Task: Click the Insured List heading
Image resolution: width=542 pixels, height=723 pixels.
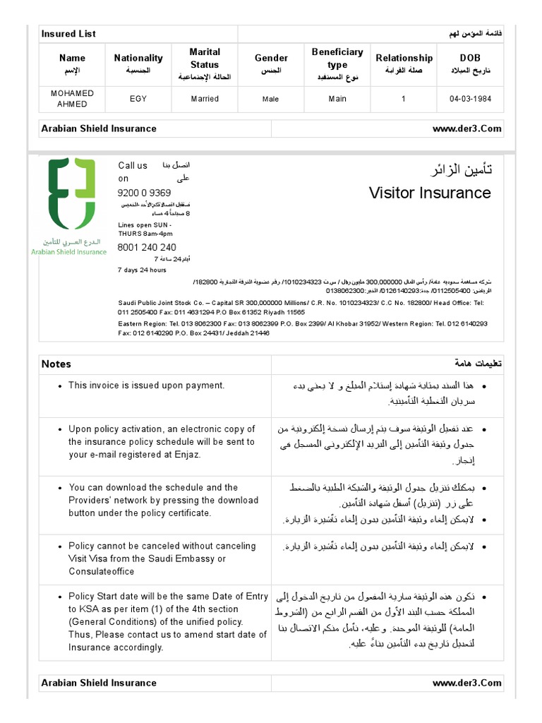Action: (x=68, y=34)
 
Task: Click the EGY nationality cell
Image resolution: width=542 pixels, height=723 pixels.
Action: (x=138, y=99)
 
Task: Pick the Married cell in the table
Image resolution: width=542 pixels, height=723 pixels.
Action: (x=205, y=99)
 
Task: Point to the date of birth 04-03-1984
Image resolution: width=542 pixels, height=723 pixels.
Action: (x=470, y=99)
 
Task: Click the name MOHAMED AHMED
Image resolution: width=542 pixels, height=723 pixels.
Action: (x=72, y=99)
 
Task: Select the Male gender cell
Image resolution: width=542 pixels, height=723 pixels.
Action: (x=271, y=100)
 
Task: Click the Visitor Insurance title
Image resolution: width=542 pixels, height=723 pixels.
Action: (x=430, y=193)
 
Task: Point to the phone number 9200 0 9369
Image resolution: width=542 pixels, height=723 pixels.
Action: (x=144, y=193)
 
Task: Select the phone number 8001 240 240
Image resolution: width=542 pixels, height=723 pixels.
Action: (x=147, y=248)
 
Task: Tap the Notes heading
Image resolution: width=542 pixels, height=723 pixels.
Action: (x=56, y=364)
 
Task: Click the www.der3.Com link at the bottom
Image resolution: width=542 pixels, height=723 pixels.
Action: (x=466, y=683)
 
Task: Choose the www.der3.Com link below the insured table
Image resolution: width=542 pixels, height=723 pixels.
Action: (x=466, y=129)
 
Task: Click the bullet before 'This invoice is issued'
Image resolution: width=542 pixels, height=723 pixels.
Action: (x=62, y=386)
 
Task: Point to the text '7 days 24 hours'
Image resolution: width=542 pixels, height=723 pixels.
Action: (x=142, y=270)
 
